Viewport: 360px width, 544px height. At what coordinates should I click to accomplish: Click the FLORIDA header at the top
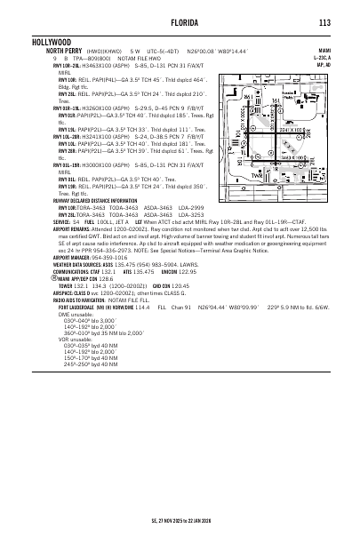(181, 23)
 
